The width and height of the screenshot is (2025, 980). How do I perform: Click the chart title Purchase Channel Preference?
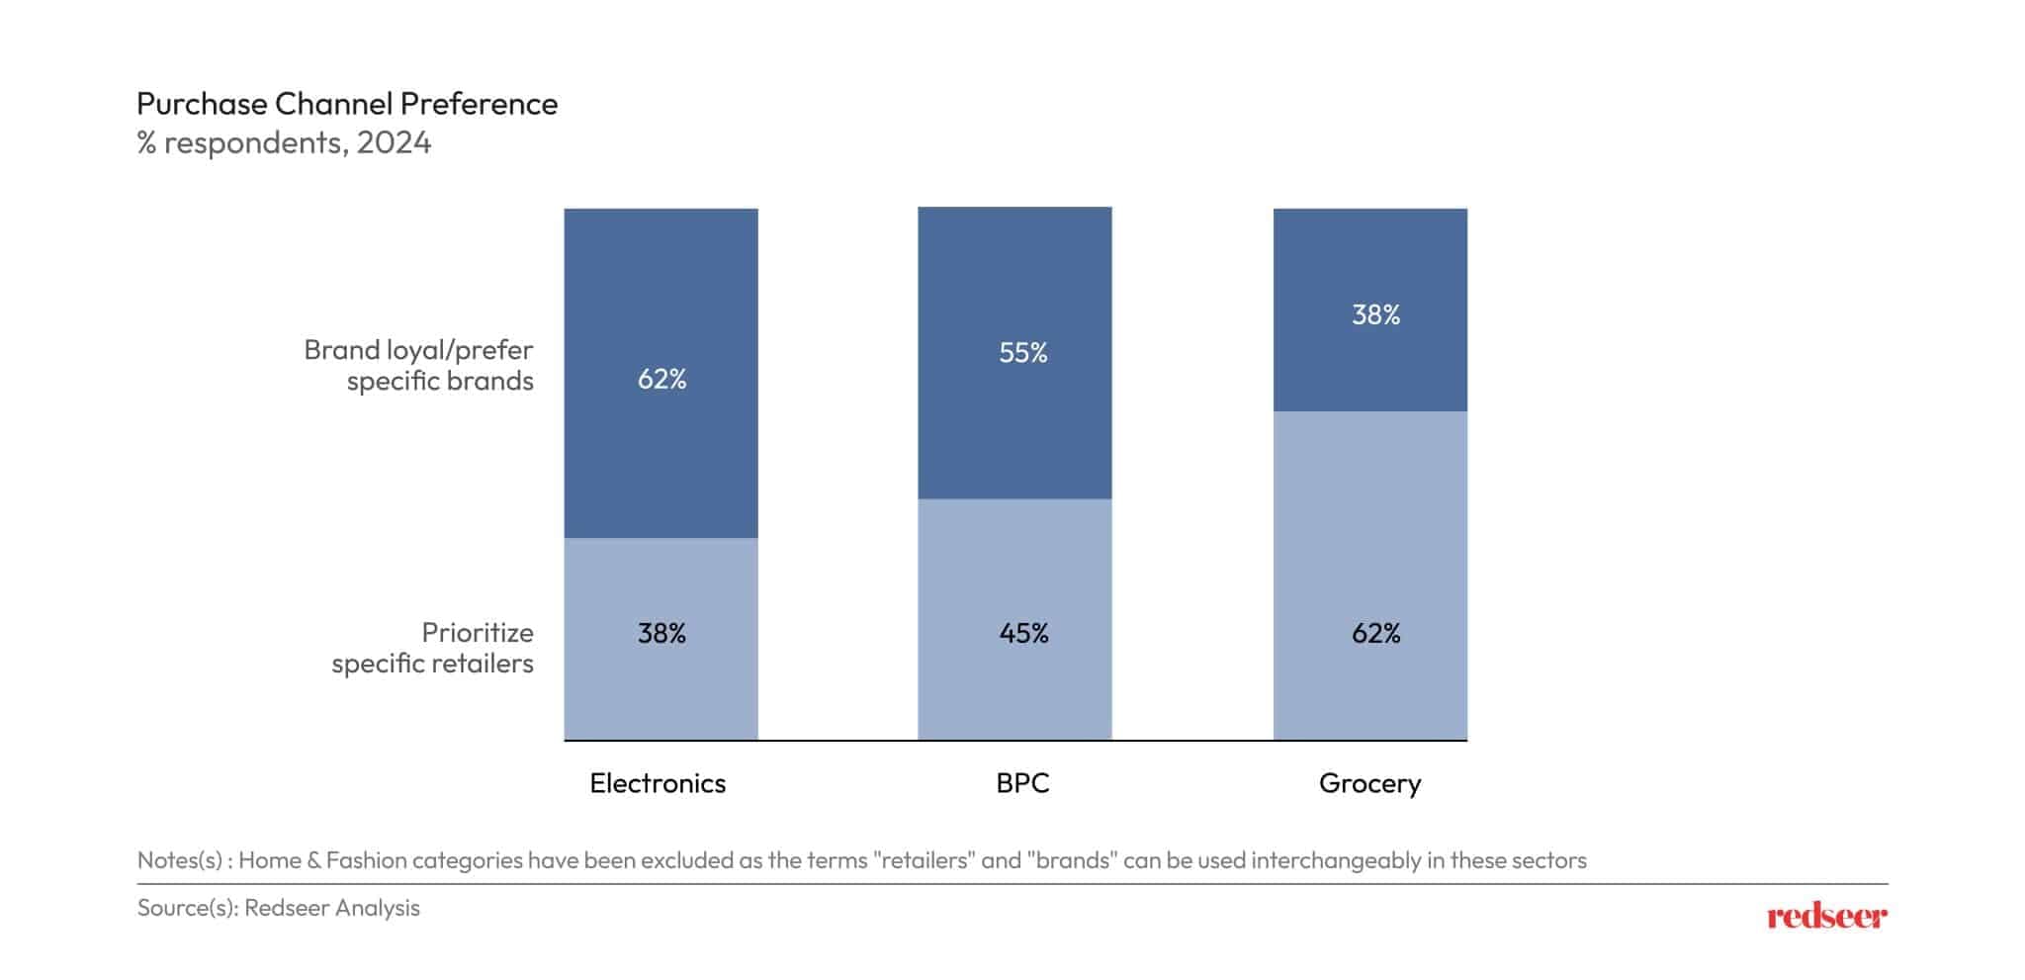pyautogui.click(x=346, y=104)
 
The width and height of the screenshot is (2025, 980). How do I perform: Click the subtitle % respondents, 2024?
pyautogui.click(x=284, y=143)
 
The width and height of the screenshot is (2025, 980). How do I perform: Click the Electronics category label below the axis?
pyautogui.click(x=658, y=783)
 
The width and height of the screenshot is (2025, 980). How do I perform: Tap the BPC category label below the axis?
pyautogui.click(x=1022, y=783)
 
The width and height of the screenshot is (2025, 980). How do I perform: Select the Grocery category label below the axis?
pyautogui.click(x=1369, y=783)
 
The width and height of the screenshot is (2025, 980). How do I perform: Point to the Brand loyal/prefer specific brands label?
pyautogui.click(x=419, y=365)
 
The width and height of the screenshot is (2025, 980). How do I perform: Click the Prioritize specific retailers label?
pyautogui.click(x=433, y=648)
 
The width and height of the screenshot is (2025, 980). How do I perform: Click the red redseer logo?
pyautogui.click(x=1826, y=917)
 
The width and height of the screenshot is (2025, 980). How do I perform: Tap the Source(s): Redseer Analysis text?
pyautogui.click(x=279, y=908)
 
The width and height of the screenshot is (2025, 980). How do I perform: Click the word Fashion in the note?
pyautogui.click(x=366, y=860)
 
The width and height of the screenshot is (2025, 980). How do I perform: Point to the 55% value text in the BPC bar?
pyautogui.click(x=1022, y=353)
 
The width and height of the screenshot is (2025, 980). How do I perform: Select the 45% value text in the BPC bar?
pyautogui.click(x=1022, y=634)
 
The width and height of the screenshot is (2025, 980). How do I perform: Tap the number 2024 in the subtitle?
pyautogui.click(x=394, y=143)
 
